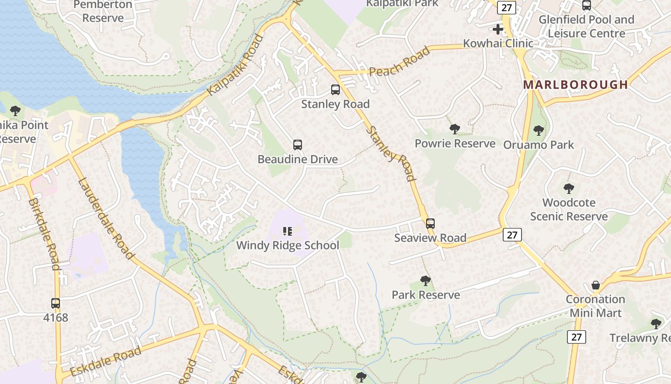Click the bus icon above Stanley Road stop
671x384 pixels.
(x=335, y=90)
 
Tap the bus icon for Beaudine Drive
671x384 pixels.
(x=298, y=145)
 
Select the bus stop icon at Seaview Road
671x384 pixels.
(x=430, y=224)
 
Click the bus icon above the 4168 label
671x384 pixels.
(x=56, y=303)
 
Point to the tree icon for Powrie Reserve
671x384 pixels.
(x=455, y=129)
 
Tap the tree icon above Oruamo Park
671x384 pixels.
(x=539, y=131)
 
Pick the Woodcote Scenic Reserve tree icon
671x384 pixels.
(x=569, y=189)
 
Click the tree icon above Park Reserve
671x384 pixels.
(x=425, y=281)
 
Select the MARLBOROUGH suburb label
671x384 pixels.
(x=575, y=85)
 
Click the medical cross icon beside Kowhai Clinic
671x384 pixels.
(x=498, y=29)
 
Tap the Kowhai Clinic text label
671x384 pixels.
(x=498, y=44)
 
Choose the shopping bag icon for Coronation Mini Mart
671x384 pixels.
(x=596, y=286)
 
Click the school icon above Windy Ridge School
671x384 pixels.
(x=288, y=231)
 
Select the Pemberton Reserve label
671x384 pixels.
(x=103, y=12)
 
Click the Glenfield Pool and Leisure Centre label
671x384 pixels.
(x=586, y=26)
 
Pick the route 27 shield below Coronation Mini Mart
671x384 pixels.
(x=576, y=337)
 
